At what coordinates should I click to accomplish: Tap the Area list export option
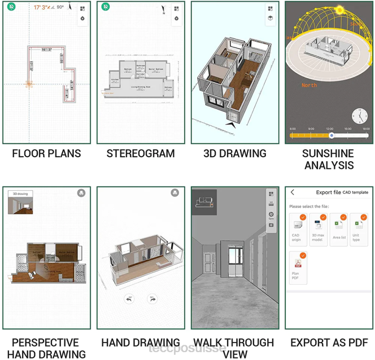pyautogui.click(x=339, y=228)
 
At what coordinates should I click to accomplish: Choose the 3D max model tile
pyautogui.click(x=319, y=228)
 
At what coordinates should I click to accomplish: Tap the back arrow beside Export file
pyautogui.click(x=293, y=192)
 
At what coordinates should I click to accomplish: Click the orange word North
pyautogui.click(x=309, y=85)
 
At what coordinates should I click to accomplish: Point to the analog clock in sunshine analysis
pyautogui.click(x=360, y=116)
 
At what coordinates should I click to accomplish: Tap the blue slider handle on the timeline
pyautogui.click(x=331, y=135)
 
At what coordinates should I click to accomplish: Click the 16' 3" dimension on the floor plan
pyautogui.click(x=46, y=50)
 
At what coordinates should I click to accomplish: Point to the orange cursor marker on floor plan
pyautogui.click(x=29, y=84)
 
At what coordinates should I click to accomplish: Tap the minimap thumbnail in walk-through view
pyautogui.click(x=204, y=202)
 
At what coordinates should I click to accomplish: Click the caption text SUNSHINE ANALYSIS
pyautogui.click(x=328, y=159)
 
